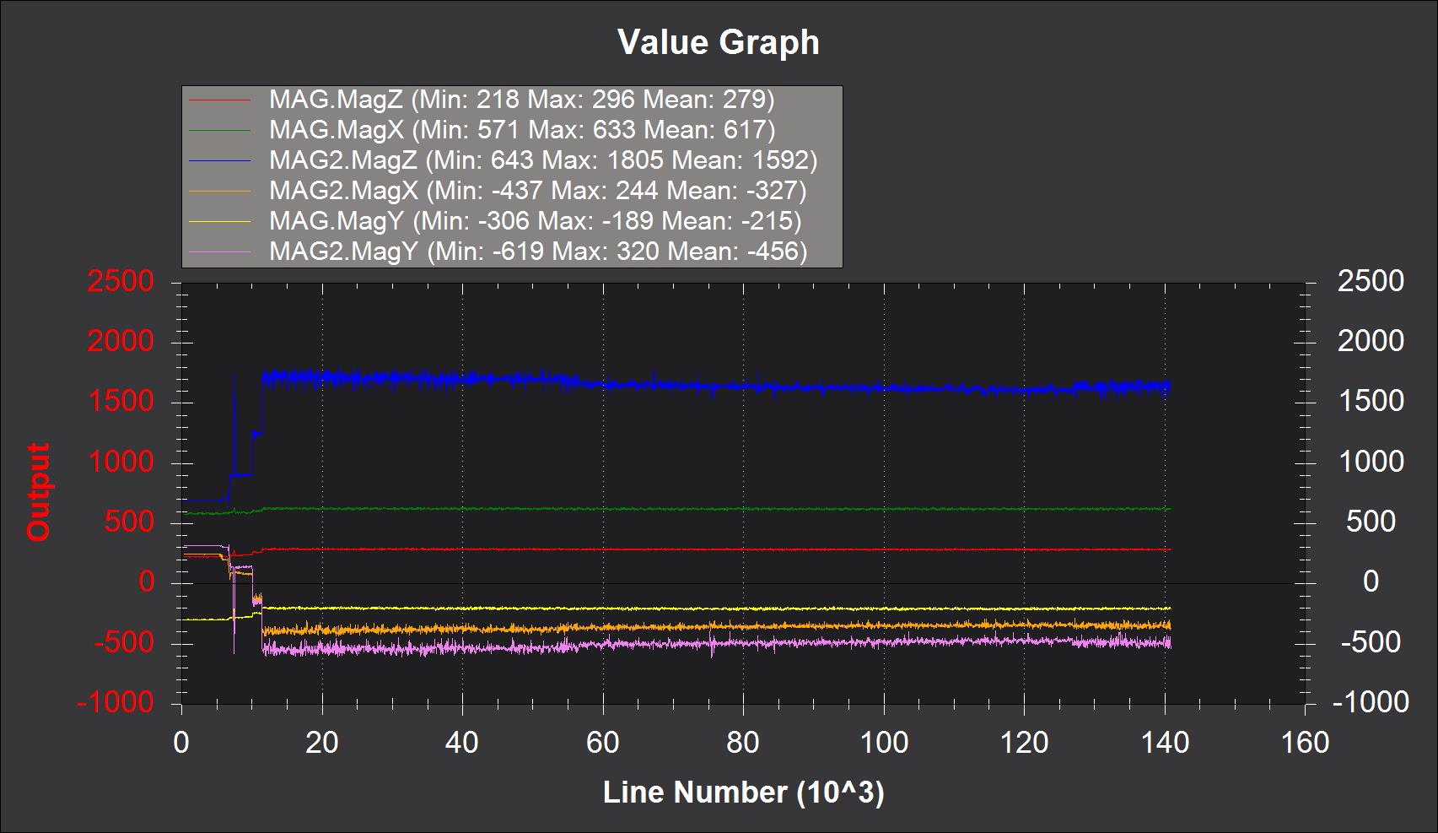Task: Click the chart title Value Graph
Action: (718, 42)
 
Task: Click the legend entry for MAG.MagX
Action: (521, 130)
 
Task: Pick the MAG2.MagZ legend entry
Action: (542, 160)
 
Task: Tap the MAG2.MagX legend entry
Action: (537, 191)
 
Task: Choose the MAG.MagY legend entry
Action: (535, 221)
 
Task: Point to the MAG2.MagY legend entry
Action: (537, 252)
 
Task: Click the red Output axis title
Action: (39, 491)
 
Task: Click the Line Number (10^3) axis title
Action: (743, 792)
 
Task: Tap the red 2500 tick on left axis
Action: (121, 282)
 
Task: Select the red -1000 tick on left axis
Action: (116, 702)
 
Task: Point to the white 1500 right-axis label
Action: (1371, 401)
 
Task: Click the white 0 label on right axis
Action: (1371, 581)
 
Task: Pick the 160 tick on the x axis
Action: (1305, 743)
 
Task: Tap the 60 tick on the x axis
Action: (602, 743)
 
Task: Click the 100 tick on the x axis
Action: (884, 743)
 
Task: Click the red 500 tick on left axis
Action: (128, 522)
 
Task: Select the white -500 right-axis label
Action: (1371, 642)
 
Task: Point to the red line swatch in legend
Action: (220, 100)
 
